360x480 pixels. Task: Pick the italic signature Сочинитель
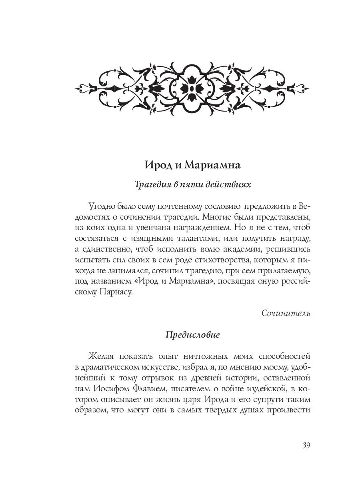(x=286, y=313)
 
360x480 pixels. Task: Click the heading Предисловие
(x=192, y=335)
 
